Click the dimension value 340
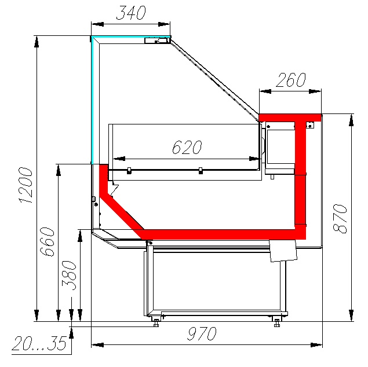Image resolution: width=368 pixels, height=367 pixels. (130, 13)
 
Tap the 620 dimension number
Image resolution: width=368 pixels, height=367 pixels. (186, 148)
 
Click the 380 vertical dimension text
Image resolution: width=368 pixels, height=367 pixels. (70, 274)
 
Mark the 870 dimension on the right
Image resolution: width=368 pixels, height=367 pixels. (341, 218)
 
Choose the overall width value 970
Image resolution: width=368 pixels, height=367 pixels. (201, 334)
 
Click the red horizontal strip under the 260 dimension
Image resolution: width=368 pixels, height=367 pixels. (290, 117)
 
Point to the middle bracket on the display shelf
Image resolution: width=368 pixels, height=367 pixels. (200, 170)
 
